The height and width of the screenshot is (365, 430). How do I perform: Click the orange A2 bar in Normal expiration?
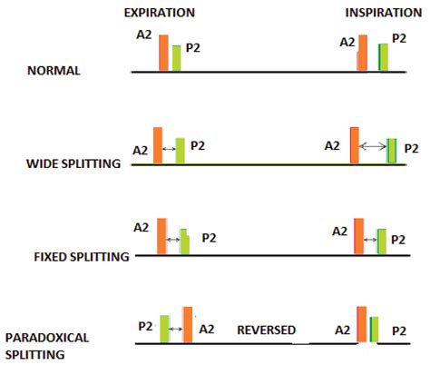[x=163, y=53]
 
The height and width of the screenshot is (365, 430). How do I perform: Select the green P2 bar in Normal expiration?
[x=177, y=58]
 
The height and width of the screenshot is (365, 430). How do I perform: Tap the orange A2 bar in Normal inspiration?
[x=362, y=53]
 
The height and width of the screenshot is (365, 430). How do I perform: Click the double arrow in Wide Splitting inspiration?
[x=374, y=145]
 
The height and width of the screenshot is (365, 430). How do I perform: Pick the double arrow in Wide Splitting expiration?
[x=169, y=147]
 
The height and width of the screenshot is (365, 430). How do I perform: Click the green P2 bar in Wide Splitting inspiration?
[x=392, y=151]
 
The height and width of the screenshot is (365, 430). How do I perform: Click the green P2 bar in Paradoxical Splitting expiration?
[x=165, y=329]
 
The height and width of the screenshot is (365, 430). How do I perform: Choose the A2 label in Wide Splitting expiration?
[x=141, y=150]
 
